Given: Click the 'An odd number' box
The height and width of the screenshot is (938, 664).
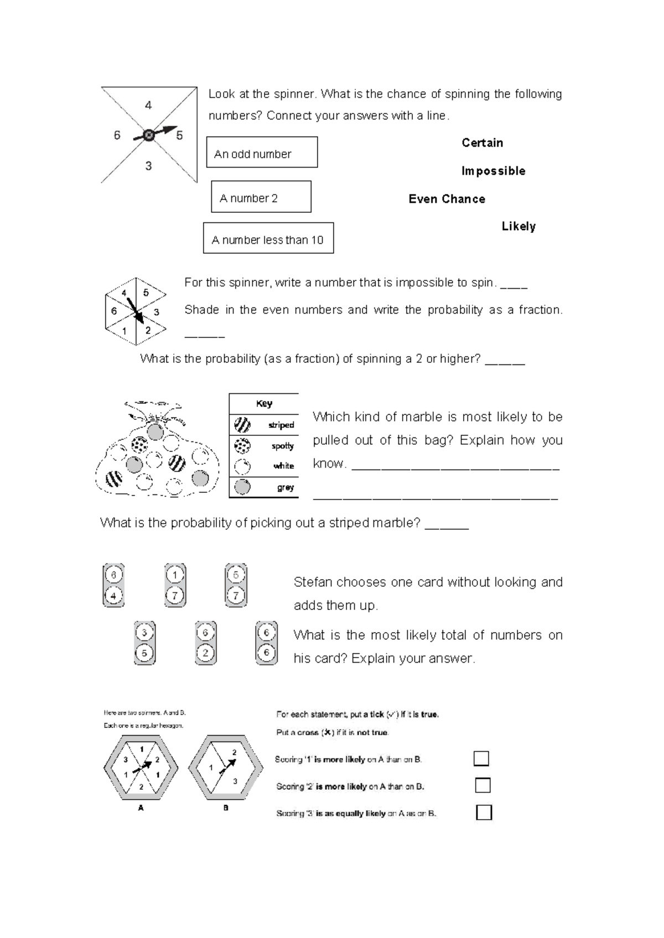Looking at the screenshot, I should [262, 153].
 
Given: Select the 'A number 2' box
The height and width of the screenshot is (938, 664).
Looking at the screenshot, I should [261, 197].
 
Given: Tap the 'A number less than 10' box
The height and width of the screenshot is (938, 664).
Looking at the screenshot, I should [268, 238].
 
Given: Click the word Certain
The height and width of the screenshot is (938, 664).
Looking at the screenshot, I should [482, 143].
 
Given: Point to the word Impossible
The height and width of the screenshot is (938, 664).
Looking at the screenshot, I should [493, 171].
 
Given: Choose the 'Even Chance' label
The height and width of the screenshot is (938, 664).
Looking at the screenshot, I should [447, 199].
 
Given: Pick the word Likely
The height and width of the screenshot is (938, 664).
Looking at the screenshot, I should [518, 226].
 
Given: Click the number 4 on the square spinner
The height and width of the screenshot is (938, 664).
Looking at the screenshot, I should [148, 105].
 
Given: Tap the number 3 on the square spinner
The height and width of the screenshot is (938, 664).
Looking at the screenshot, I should [148, 166].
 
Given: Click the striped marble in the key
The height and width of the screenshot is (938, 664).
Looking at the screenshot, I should [242, 425].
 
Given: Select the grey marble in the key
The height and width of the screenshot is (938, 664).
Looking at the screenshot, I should [242, 487].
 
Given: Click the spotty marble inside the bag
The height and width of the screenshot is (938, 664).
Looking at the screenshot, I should [139, 444].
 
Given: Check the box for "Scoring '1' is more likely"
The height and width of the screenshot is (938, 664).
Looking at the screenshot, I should [481, 758].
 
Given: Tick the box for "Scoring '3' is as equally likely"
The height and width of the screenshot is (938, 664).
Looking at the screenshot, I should [484, 812].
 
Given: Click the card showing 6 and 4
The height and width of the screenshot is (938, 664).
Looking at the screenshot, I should [113, 586].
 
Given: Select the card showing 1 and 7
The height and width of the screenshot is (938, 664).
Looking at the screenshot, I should [175, 586].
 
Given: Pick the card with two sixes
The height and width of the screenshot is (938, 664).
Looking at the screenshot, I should [266, 643].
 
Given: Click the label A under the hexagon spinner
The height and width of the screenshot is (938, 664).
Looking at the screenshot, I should [141, 808].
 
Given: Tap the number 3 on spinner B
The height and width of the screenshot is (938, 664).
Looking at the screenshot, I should [235, 781].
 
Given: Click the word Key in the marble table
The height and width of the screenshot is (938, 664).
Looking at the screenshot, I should [264, 404].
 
